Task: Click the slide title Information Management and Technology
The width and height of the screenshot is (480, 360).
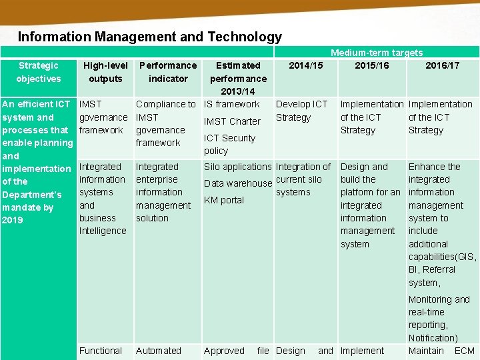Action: [150, 37]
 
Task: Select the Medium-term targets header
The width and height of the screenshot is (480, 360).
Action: [376, 53]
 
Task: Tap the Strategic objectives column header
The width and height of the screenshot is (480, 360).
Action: [39, 72]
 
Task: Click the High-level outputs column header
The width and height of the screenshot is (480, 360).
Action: [105, 72]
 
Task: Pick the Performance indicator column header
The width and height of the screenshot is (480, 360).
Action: [168, 72]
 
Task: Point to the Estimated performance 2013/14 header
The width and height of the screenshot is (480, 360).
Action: [238, 78]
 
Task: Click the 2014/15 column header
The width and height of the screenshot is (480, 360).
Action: [305, 65]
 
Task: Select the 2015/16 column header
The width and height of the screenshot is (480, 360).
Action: [372, 65]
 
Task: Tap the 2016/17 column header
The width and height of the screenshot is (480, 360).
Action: [443, 65]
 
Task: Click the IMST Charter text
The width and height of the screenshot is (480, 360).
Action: [232, 121]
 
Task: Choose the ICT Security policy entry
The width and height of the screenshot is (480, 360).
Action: [229, 145]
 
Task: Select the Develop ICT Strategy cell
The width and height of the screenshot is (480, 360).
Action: [301, 111]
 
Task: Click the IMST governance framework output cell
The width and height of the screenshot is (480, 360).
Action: [103, 117]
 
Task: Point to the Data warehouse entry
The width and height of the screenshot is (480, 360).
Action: [238, 183]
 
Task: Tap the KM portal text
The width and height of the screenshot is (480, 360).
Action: [224, 200]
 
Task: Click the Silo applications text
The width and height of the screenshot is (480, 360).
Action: [238, 167]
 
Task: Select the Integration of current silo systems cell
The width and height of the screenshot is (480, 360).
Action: [303, 179]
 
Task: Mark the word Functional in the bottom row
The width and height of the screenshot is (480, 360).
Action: [101, 351]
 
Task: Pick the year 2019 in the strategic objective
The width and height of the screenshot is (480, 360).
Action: [13, 220]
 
